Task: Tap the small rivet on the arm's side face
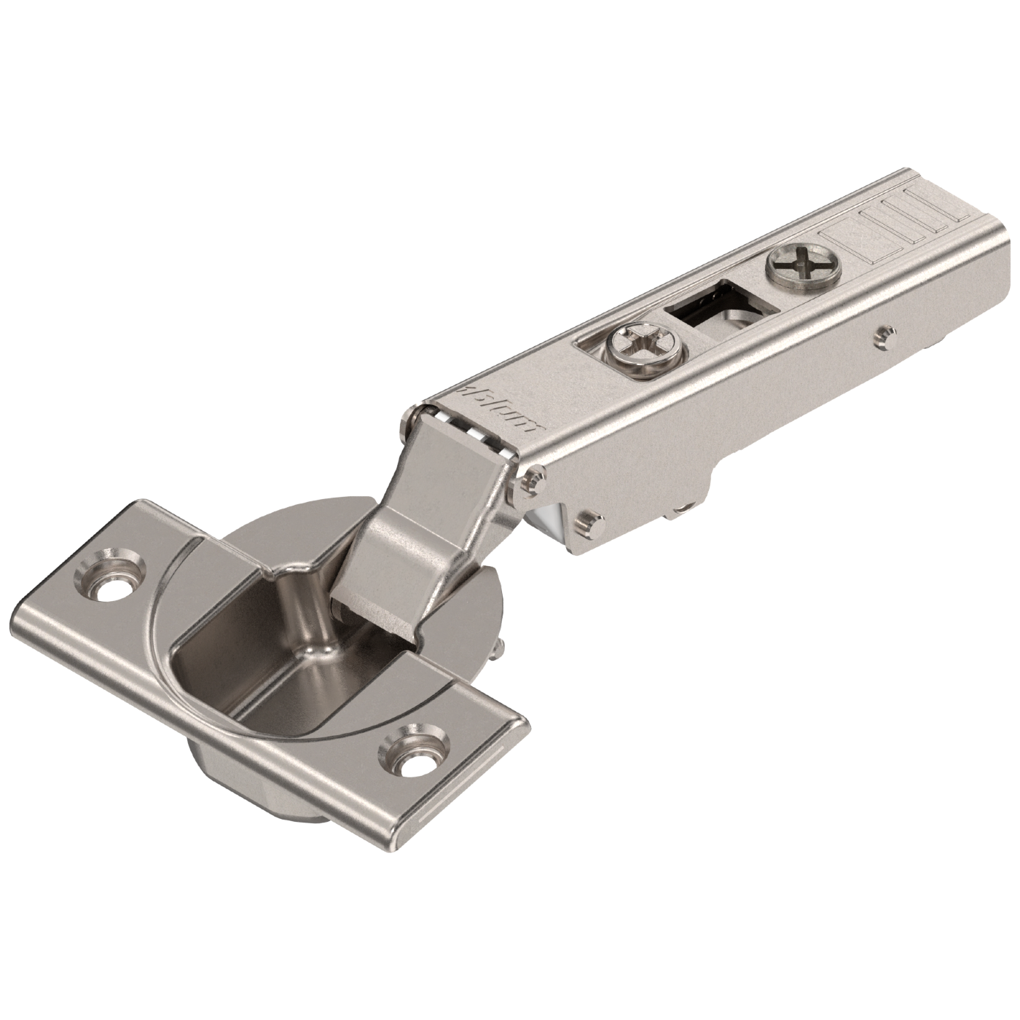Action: [x=884, y=334]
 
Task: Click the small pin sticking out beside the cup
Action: [x=501, y=647]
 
